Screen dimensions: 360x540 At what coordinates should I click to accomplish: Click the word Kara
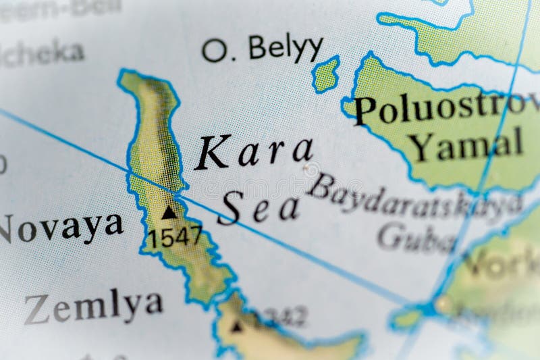pyautogui.click(x=254, y=153)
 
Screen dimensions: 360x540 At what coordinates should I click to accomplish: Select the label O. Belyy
pyautogui.click(x=263, y=49)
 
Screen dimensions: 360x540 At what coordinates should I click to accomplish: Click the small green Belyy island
pyautogui.click(x=325, y=74)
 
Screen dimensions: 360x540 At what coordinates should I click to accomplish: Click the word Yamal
pyautogui.click(x=466, y=144)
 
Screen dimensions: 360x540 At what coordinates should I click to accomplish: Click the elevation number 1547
pyautogui.click(x=175, y=236)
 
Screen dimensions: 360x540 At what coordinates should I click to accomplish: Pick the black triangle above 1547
pyautogui.click(x=169, y=212)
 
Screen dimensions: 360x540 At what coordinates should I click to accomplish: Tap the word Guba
pyautogui.click(x=415, y=236)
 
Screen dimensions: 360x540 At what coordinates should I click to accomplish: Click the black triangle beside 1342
pyautogui.click(x=236, y=327)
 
